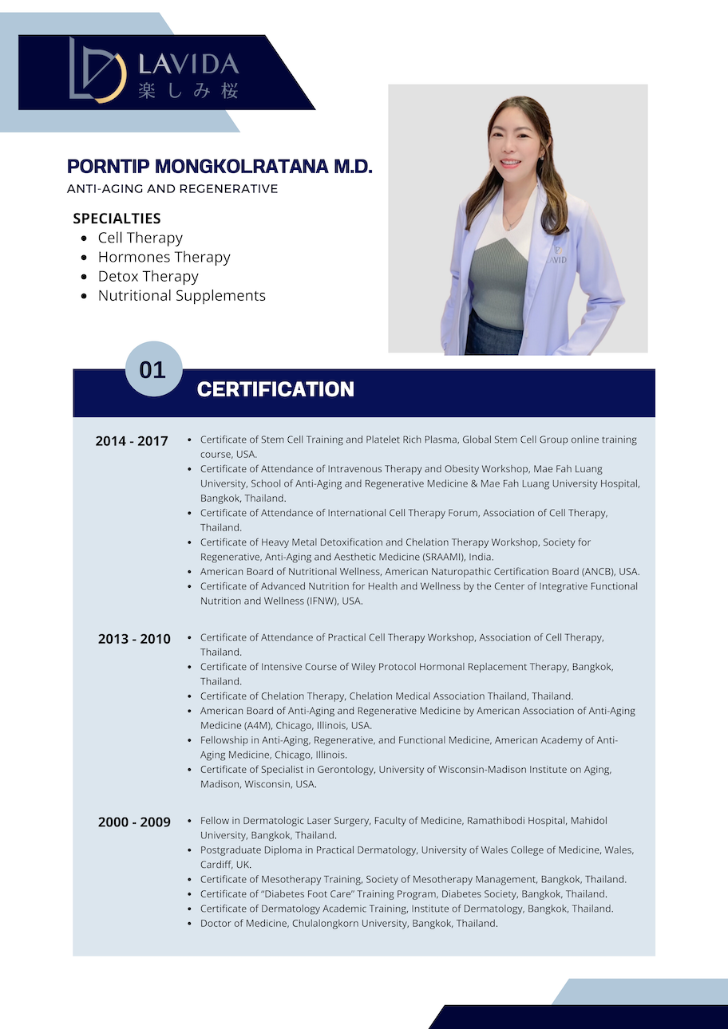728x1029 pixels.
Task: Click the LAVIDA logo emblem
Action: click(x=97, y=70)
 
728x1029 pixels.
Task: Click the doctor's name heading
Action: click(x=220, y=166)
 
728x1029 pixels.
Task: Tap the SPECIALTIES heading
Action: click(x=117, y=218)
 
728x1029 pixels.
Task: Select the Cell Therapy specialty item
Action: click(x=140, y=238)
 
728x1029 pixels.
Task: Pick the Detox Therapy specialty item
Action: click(x=148, y=276)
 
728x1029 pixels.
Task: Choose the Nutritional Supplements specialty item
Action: click(x=181, y=295)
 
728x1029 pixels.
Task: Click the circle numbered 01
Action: click(x=153, y=369)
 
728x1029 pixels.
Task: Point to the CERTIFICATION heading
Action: click(x=275, y=389)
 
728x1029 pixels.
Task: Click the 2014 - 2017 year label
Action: click(x=132, y=440)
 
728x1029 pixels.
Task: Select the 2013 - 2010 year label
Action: click(x=134, y=639)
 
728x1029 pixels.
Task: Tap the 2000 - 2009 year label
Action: click(x=134, y=822)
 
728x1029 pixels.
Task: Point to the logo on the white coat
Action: click(x=557, y=255)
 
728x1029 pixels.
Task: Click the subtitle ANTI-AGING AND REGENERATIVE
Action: click(x=172, y=189)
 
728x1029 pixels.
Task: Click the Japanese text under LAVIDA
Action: click(x=188, y=91)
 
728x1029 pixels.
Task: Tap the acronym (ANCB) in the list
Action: click(x=589, y=571)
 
